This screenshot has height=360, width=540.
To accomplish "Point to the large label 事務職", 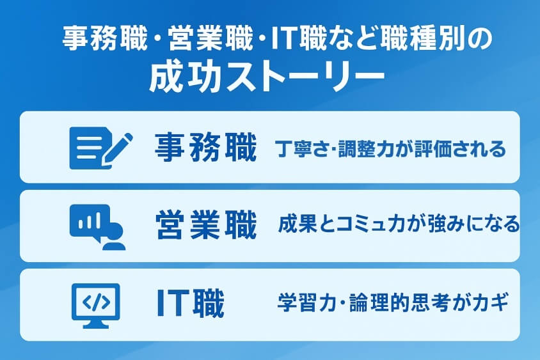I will [205, 148].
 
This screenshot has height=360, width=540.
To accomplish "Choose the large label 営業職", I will [205, 226].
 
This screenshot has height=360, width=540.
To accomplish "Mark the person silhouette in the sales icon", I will [113, 237].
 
